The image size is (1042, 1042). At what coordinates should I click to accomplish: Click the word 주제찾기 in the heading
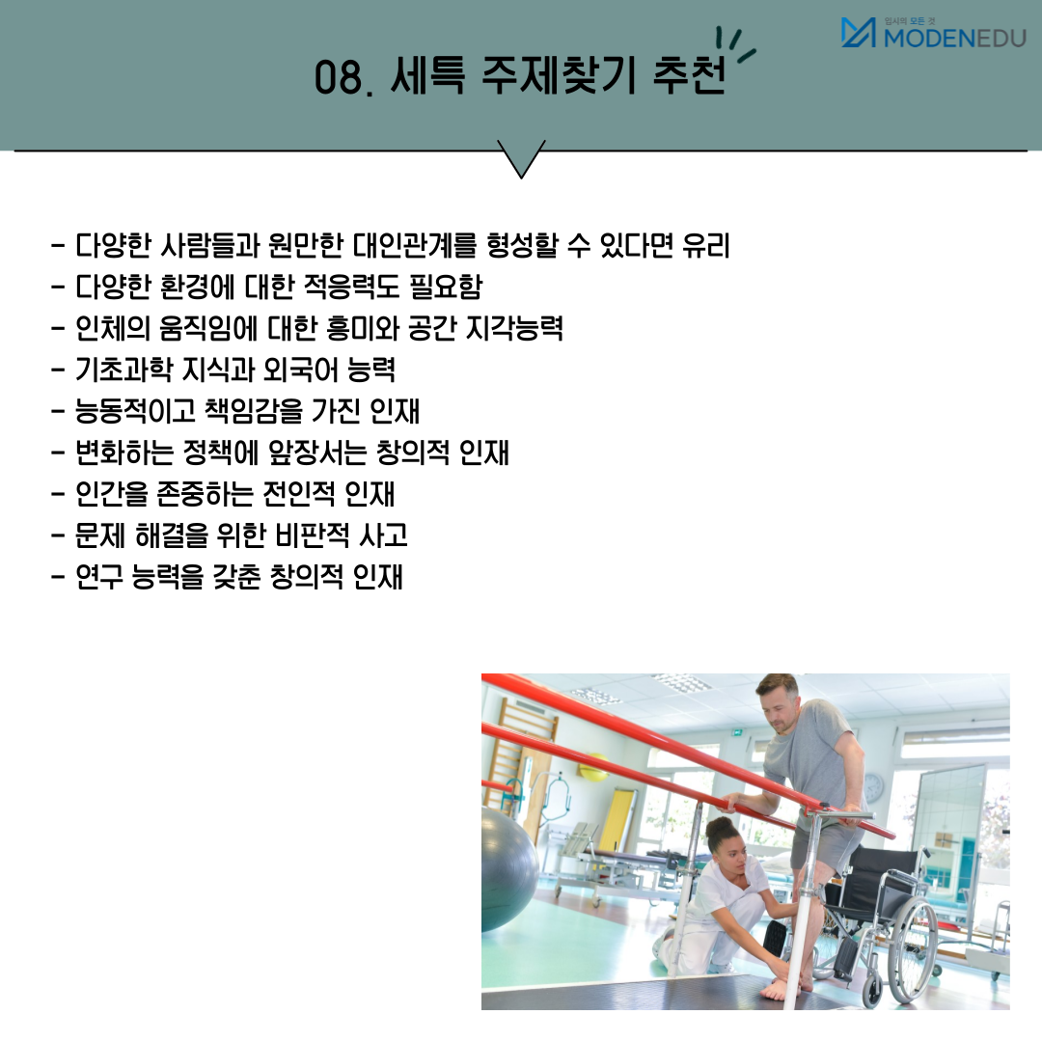[557, 74]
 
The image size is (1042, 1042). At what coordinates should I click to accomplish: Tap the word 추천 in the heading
[689, 74]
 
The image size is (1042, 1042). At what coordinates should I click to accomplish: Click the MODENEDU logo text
[955, 38]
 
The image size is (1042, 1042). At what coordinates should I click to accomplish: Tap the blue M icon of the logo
[858, 33]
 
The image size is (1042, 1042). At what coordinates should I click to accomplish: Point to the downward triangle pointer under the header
[521, 159]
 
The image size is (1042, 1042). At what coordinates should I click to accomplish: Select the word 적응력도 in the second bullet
[351, 287]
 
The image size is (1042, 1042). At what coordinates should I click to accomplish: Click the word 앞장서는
[317, 452]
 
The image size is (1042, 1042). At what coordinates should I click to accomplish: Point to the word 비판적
[313, 535]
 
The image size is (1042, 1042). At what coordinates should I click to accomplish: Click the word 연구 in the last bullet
[99, 576]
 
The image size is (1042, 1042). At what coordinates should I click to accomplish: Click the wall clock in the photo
[873, 788]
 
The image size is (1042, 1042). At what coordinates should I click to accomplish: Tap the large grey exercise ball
[508, 868]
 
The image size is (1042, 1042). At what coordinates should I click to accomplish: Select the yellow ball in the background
[592, 768]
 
